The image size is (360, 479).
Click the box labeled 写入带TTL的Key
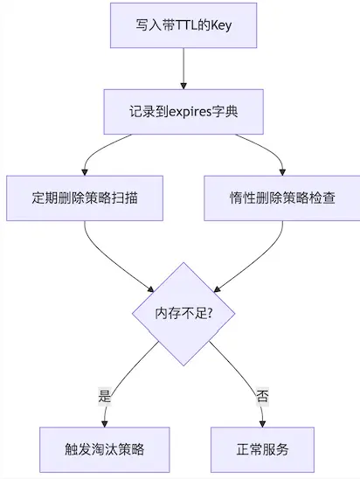click(x=183, y=25)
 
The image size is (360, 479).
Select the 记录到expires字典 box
click(x=183, y=112)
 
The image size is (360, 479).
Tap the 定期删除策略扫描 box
click(x=85, y=198)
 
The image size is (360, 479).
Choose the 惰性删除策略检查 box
click(x=282, y=198)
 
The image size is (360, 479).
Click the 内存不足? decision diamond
click(x=183, y=314)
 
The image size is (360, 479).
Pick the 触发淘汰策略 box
click(x=105, y=449)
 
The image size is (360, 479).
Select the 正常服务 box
click(x=262, y=449)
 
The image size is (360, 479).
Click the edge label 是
click(x=105, y=396)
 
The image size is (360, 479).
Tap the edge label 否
click(x=262, y=396)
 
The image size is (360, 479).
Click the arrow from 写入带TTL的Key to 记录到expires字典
click(x=183, y=69)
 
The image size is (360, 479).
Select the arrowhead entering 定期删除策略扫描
click(x=85, y=172)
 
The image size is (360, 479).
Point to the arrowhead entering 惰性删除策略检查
click(x=282, y=172)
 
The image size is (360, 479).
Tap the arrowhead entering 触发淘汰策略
click(x=105, y=424)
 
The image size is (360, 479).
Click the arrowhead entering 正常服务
click(x=262, y=424)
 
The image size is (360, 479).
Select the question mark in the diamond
click(x=210, y=314)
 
